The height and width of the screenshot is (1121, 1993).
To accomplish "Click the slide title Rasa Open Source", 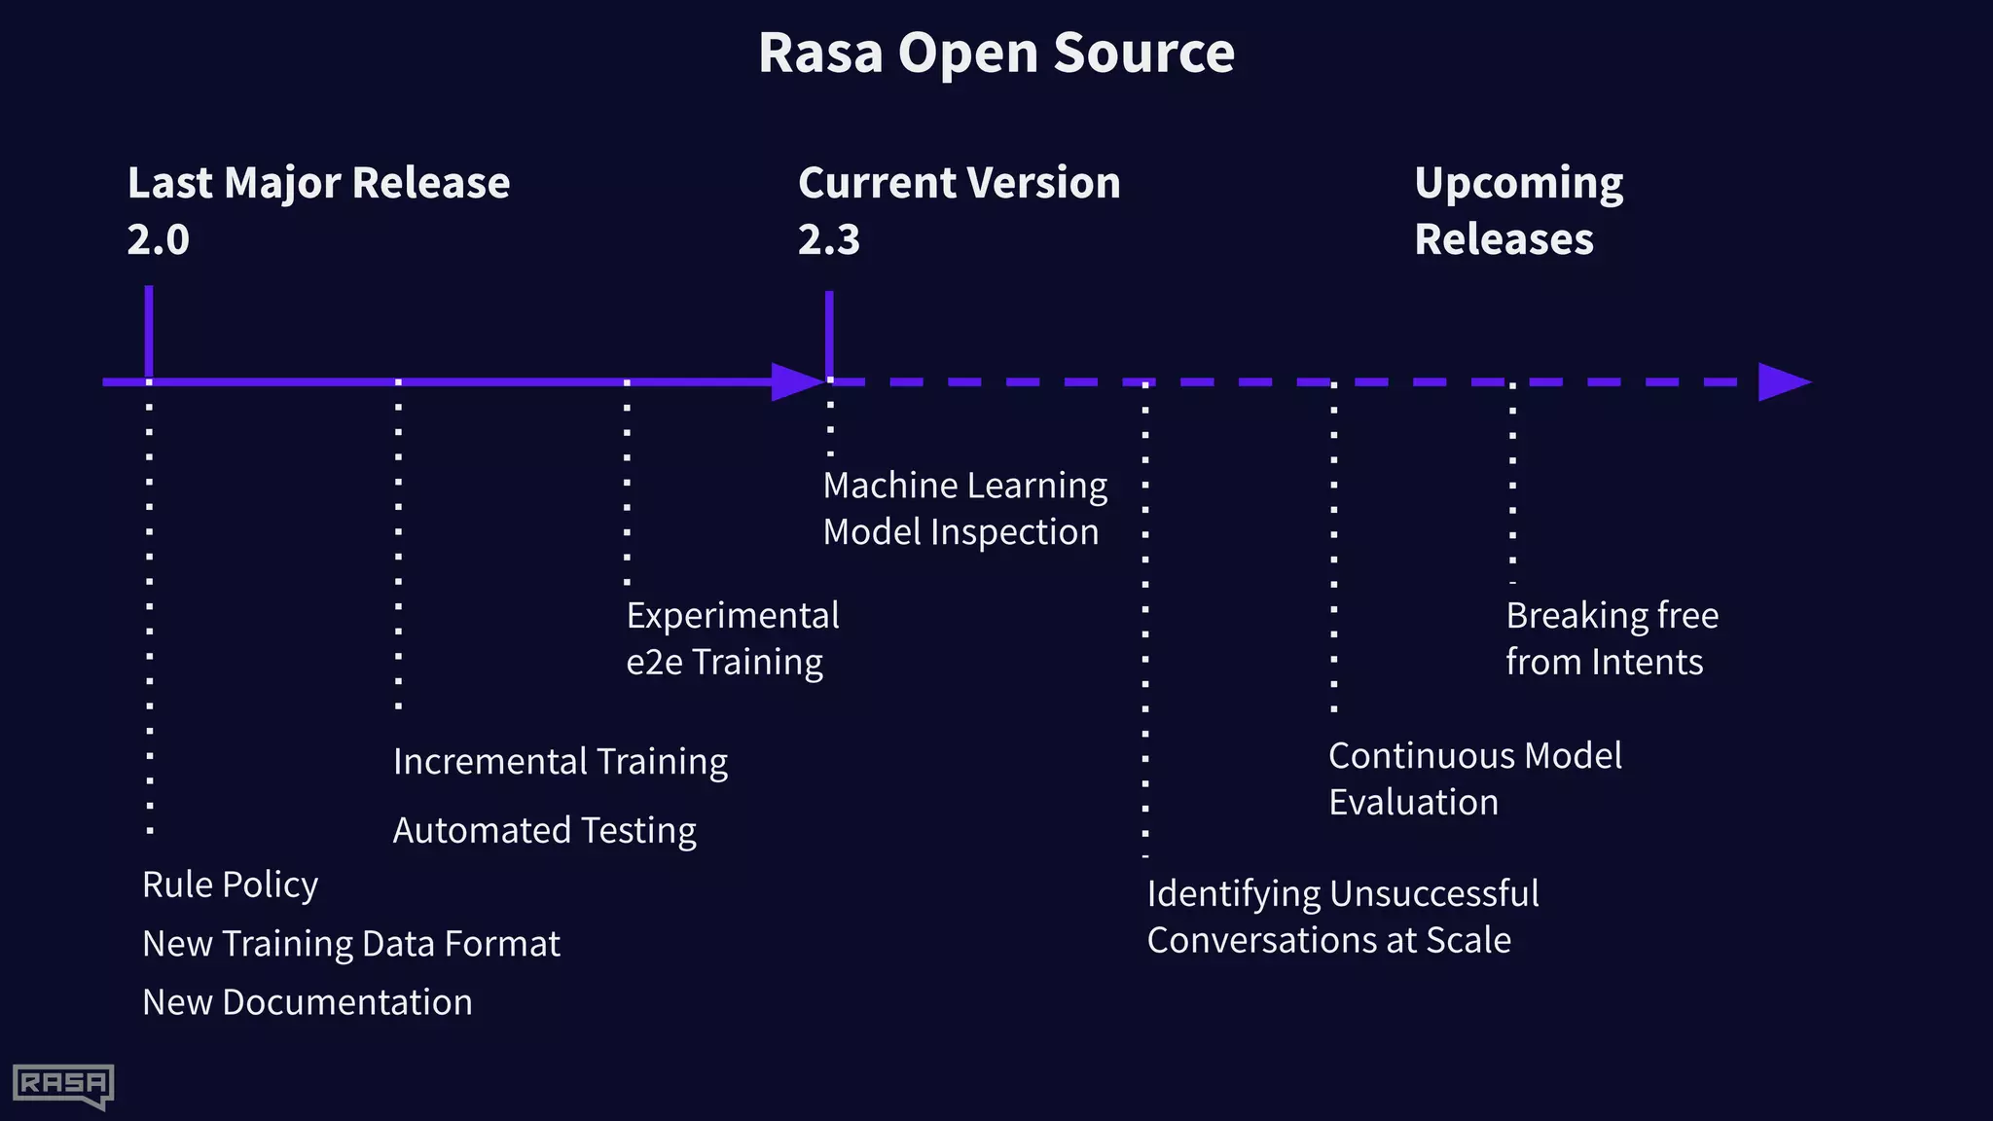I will pos(996,53).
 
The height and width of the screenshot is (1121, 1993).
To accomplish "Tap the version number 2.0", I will pos(158,239).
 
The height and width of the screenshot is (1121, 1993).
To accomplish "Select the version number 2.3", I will pos(829,239).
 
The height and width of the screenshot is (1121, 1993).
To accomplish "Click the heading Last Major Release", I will pos(318,183).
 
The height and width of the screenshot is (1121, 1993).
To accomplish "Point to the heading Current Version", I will pos(959,183).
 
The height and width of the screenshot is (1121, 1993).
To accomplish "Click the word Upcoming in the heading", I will pos(1518,183).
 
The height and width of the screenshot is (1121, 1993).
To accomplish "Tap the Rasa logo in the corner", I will pos(63,1085).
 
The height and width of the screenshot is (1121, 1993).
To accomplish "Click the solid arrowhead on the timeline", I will pos(796,381).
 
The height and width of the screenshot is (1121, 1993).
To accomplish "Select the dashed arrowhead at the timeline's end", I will pos(1782,381).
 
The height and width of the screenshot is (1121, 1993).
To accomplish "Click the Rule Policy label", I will pos(230,885).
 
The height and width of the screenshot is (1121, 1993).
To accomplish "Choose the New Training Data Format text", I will pos(350,944).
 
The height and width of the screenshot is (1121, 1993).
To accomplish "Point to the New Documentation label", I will pos(307,1002).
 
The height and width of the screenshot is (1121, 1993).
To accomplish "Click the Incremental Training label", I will pos(560,761).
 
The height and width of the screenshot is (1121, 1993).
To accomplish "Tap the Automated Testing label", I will pos(544,830).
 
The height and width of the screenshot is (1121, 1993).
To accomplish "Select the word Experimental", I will pos(732,615).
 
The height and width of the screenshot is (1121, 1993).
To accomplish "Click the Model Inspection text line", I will pos(960,532).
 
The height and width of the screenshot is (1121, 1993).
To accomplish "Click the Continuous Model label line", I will pos(1474,755).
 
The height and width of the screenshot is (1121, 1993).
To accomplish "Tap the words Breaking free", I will pos(1612,615).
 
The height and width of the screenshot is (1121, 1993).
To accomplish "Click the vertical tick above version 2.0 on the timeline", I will pos(149,331).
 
